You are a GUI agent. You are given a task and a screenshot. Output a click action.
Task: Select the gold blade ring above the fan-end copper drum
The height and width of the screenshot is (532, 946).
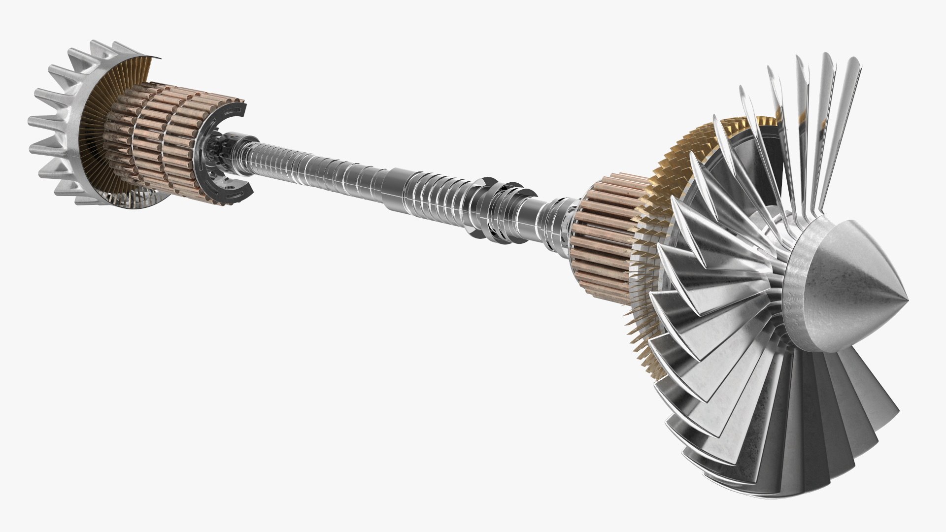coord(700,148)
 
